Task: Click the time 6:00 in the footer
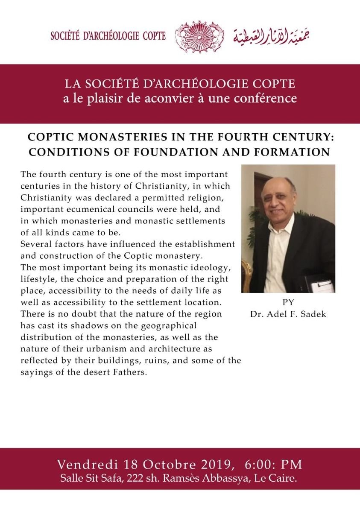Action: point(260,464)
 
